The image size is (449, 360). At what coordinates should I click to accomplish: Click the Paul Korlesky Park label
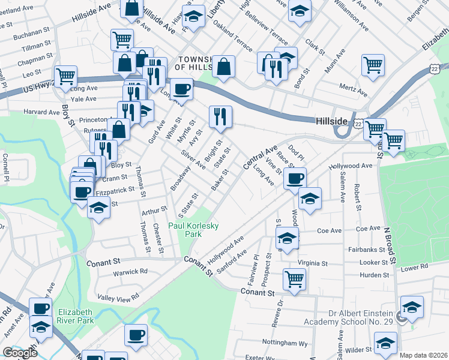tap(193, 230)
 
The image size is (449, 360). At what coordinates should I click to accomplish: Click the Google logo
tap(20, 353)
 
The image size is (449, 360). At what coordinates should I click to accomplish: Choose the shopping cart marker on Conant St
tap(294, 278)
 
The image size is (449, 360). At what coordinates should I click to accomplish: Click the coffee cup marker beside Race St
tap(295, 178)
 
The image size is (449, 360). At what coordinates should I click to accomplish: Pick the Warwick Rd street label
tap(131, 271)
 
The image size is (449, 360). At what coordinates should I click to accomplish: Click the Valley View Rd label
tap(118, 296)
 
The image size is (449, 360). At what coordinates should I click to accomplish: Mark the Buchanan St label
tap(33, 32)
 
